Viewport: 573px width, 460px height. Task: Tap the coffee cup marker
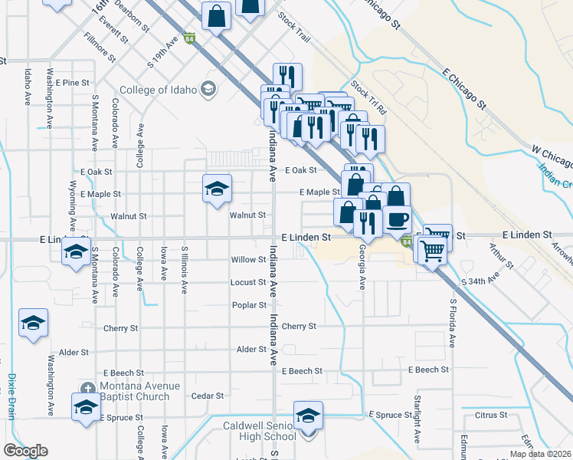(397, 220)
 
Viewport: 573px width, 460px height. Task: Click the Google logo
(25, 451)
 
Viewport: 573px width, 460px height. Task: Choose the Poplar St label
(249, 304)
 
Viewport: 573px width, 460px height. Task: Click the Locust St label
(248, 282)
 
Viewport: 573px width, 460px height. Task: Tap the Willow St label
(248, 260)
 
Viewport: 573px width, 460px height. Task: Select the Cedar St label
(207, 396)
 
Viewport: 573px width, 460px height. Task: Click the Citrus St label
(491, 415)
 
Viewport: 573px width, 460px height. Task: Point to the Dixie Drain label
(12, 396)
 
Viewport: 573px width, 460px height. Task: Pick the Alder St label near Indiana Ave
(251, 349)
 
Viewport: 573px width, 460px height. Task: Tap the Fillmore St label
(100, 47)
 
